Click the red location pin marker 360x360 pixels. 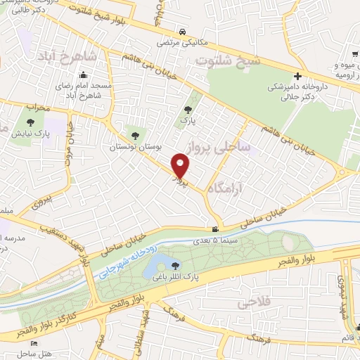click(181, 166)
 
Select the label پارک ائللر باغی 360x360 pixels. click(174, 276)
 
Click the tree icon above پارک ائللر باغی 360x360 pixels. click(174, 264)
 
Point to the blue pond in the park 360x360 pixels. click(153, 268)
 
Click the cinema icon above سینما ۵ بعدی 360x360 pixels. click(215, 229)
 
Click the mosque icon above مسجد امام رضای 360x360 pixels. click(84, 75)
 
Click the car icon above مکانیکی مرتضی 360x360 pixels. click(183, 32)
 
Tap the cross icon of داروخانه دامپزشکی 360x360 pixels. click(298, 75)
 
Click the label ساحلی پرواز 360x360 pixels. click(219, 147)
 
